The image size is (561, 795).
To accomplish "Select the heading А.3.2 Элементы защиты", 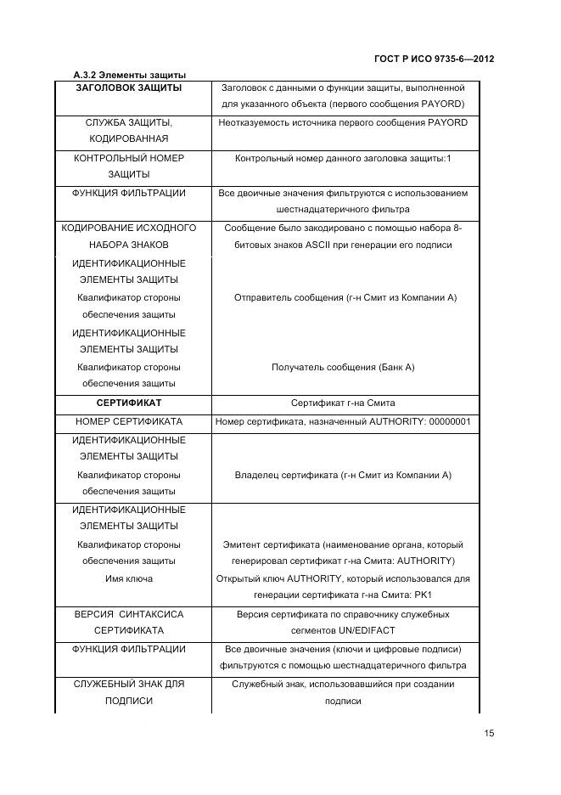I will point(129,76).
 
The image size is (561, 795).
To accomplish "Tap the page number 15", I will point(488,734).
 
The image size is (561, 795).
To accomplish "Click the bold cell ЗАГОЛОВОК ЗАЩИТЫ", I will point(128,87).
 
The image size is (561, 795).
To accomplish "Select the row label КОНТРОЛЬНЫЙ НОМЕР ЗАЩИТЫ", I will point(128,166).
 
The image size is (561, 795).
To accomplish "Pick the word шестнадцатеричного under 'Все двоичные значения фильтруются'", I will point(321,209).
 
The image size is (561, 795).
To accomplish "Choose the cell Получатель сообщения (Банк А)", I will point(343,367).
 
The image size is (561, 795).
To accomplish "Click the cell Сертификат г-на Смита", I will point(343,403).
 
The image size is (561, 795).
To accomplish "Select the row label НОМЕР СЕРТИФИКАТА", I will point(128,421).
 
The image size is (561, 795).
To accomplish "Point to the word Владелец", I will point(257,475).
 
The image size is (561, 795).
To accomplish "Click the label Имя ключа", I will point(128,578).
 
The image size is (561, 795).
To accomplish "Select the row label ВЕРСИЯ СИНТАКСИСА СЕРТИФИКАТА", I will point(128,622).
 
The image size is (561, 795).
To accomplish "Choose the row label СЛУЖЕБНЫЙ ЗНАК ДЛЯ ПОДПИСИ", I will point(128,692).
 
